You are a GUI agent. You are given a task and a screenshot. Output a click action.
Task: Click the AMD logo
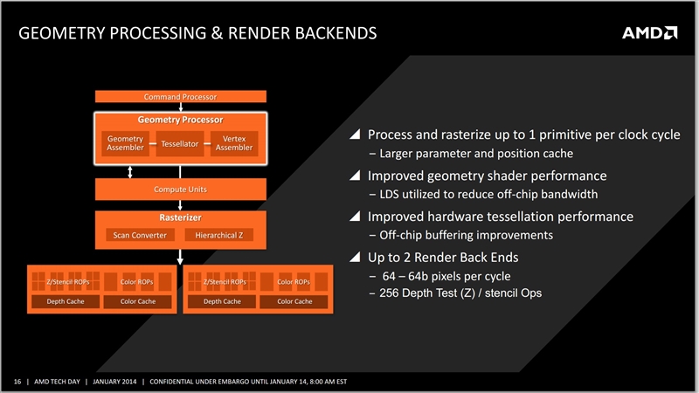(x=649, y=33)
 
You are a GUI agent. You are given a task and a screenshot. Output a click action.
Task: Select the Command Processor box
(x=181, y=96)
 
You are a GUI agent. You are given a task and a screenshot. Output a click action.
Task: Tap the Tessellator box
(x=180, y=143)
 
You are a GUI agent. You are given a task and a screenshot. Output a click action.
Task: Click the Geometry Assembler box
(x=125, y=143)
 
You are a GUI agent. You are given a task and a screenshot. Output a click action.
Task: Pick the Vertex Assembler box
(x=234, y=143)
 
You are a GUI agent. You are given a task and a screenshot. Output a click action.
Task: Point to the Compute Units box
(x=181, y=190)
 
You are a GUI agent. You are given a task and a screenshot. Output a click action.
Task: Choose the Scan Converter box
(x=140, y=235)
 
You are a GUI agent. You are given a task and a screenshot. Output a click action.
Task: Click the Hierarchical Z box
(x=219, y=235)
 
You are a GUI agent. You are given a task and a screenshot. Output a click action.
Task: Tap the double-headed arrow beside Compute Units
(x=129, y=172)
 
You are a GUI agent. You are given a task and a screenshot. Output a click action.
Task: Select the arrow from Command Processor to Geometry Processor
(x=181, y=107)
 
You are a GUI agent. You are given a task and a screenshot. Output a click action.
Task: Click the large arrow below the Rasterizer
(x=180, y=257)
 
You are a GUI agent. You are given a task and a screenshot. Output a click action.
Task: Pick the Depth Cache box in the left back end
(x=66, y=301)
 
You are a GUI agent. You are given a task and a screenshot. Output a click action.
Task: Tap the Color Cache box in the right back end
(x=294, y=301)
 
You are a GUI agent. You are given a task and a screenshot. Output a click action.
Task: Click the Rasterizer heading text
(x=181, y=217)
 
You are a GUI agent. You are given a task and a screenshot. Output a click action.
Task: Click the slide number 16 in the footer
(x=17, y=382)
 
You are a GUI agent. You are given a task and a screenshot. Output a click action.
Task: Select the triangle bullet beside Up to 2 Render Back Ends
(x=355, y=257)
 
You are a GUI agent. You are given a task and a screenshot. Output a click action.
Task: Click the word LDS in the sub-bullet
(x=389, y=194)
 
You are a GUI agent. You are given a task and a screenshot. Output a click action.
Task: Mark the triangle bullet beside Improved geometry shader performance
(x=355, y=176)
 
